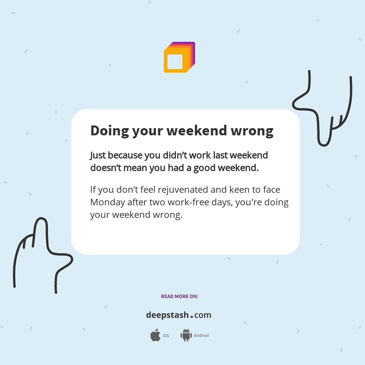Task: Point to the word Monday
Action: coord(108,202)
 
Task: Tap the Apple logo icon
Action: coord(155,335)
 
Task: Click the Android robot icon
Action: coord(186,335)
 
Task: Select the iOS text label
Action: coord(166,336)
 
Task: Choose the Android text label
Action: coord(202,336)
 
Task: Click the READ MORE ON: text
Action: coord(179,297)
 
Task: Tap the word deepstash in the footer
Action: coord(167,315)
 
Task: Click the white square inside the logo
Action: coord(175,62)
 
